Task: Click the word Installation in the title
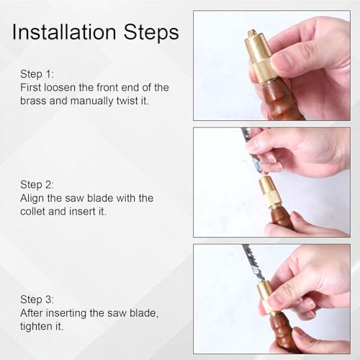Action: click(64, 32)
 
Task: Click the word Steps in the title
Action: click(151, 32)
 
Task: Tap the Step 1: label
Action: click(37, 74)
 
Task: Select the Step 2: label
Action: click(37, 184)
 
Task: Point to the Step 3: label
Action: click(37, 300)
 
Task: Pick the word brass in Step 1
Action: click(33, 101)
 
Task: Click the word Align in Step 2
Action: click(32, 198)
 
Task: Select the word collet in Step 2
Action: click(32, 212)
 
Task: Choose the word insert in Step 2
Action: click(82, 212)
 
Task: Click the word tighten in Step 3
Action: click(36, 326)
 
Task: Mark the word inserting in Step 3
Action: click(66, 313)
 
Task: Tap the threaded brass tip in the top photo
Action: click(252, 32)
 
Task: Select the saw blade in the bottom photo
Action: click(253, 263)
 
